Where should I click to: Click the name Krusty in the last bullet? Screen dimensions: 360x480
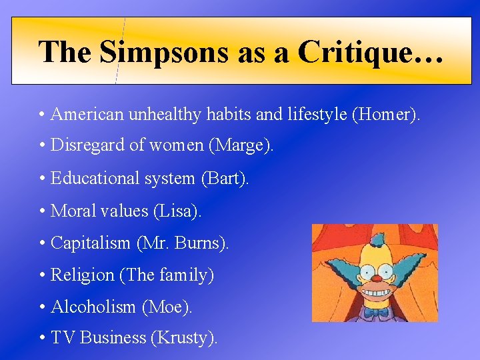pyautogui.click(x=184, y=339)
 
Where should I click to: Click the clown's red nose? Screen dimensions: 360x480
pyautogui.click(x=375, y=277)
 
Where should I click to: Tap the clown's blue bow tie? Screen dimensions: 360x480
pyautogui.click(x=376, y=311)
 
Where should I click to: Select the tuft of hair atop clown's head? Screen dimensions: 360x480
pyautogui.click(x=377, y=239)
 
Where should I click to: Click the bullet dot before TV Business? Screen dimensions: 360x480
pyautogui.click(x=42, y=339)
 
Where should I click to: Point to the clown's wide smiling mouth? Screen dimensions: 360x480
pyautogui.click(x=375, y=292)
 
